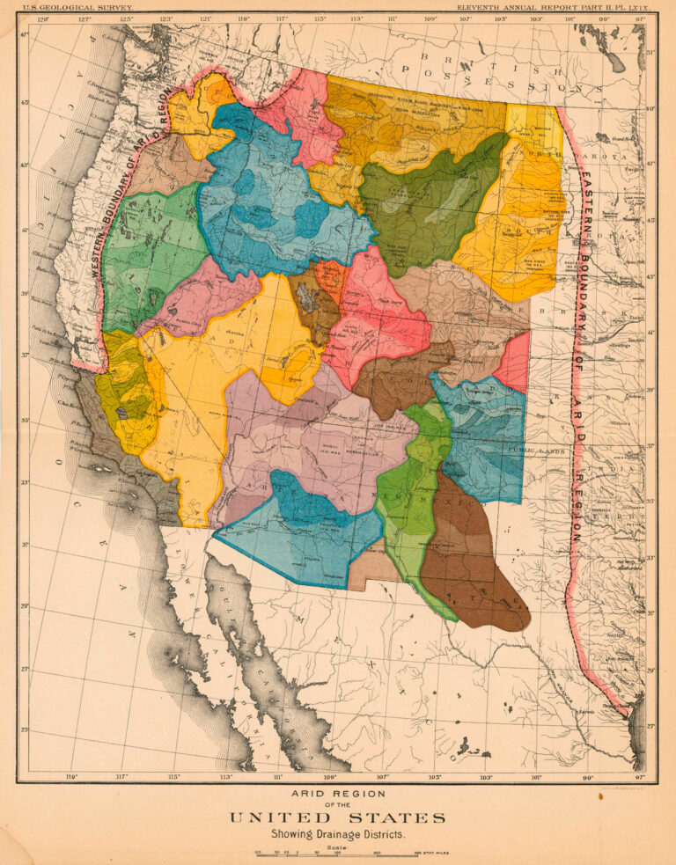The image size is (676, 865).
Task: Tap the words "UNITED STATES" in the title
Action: coord(337,818)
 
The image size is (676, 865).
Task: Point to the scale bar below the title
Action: coord(337,854)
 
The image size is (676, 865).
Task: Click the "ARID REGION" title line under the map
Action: coord(337,792)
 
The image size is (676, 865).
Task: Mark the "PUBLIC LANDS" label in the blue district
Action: coord(534,451)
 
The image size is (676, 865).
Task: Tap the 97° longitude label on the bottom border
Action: coord(640,777)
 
